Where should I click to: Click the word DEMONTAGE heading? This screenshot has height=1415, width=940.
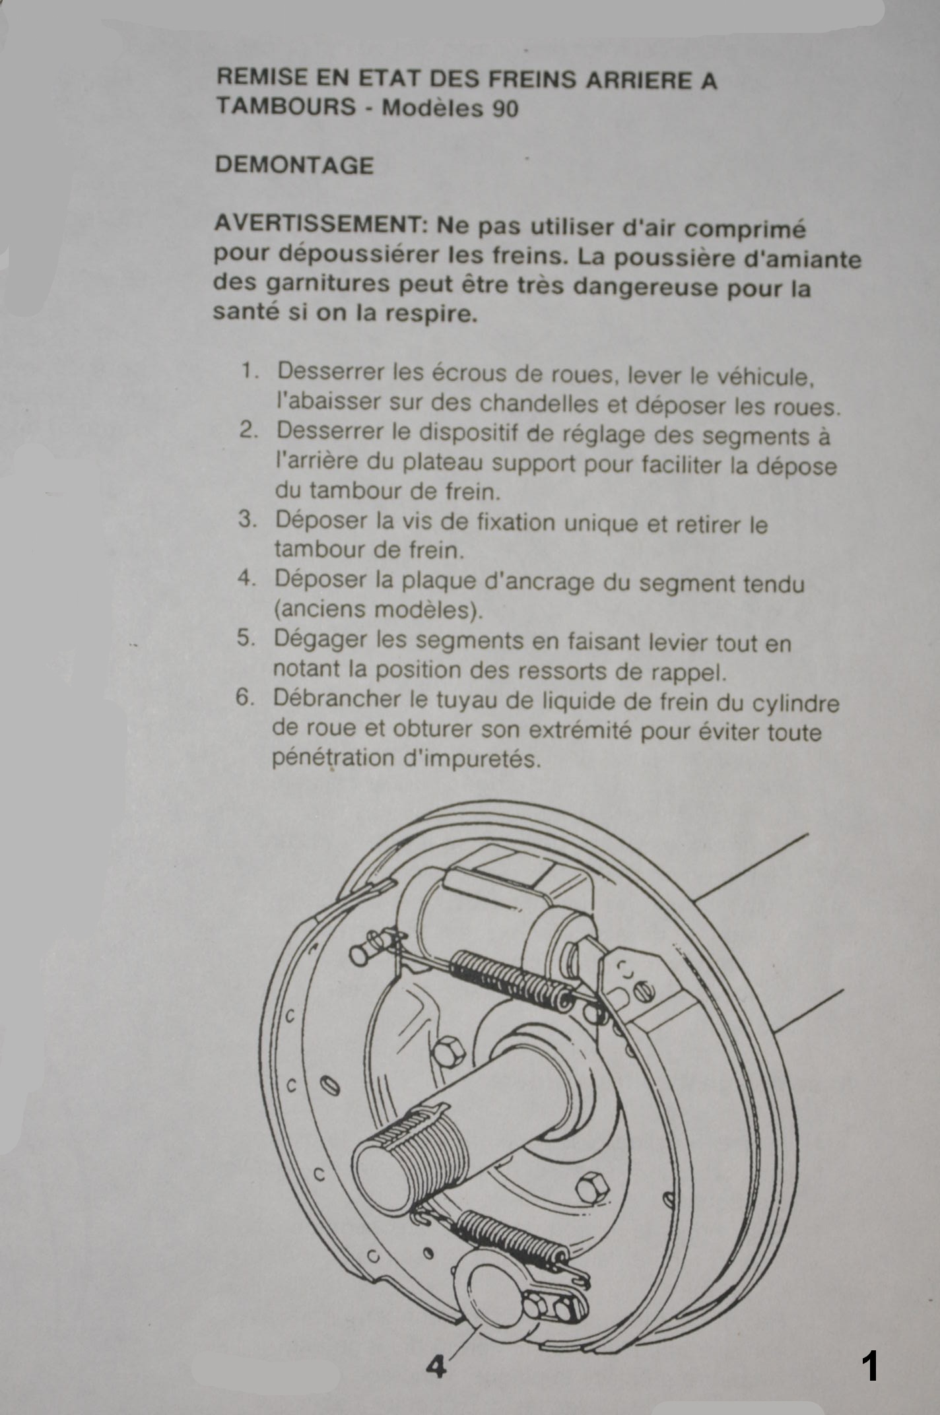(294, 164)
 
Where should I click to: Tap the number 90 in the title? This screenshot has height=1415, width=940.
(505, 108)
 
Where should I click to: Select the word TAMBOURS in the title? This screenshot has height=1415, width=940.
(286, 106)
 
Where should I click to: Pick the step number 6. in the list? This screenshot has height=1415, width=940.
(245, 698)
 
